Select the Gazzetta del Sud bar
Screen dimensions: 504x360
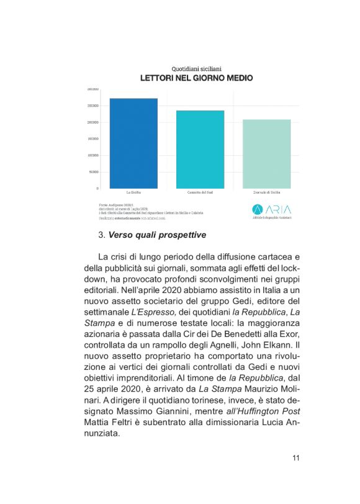(x=200, y=149)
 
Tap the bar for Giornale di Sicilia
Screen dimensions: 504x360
(x=266, y=153)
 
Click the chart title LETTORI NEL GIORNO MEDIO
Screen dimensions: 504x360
(x=196, y=79)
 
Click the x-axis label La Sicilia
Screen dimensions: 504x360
(x=133, y=192)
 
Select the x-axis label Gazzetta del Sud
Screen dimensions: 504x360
(x=200, y=192)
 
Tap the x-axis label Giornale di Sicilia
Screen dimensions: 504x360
(x=266, y=192)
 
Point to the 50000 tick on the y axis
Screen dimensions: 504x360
(x=94, y=172)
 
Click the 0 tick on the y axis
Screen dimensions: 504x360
(x=97, y=188)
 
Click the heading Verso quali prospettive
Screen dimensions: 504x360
(x=157, y=235)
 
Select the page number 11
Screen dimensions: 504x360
(x=296, y=458)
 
